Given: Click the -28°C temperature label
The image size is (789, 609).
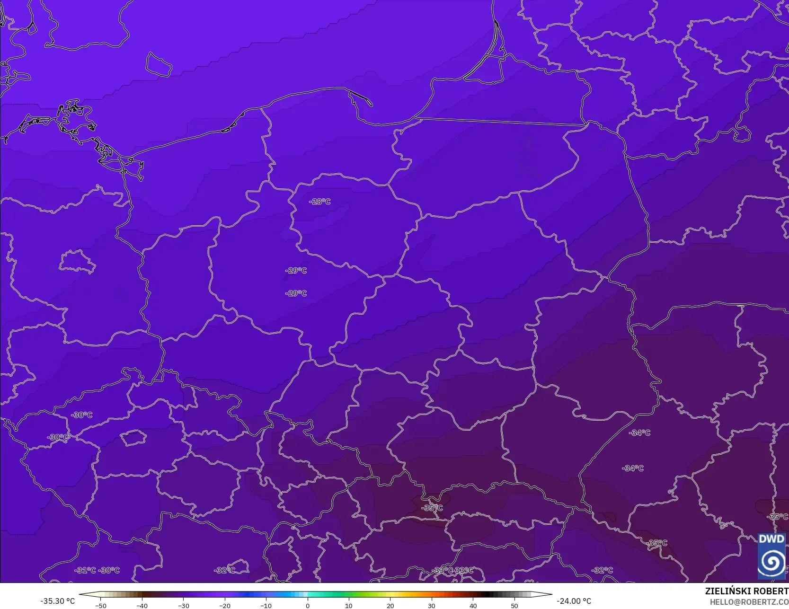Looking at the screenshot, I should (320, 202).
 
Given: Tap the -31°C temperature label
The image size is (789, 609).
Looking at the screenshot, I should (85, 570).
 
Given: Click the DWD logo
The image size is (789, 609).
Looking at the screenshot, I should (771, 556).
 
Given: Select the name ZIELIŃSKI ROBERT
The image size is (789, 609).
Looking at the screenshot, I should (746, 591).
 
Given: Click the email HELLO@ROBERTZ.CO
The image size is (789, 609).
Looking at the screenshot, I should (749, 602).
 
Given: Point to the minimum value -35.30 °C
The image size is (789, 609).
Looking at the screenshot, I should (58, 601).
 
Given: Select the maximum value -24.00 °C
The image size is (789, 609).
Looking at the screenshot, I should (574, 601).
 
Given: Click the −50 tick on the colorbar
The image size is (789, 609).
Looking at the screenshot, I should (100, 605).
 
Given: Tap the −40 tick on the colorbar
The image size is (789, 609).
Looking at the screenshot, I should (142, 605).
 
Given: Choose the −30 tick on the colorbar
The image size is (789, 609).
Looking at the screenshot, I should (183, 605).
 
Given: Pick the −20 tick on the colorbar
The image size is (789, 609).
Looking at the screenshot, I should (225, 605).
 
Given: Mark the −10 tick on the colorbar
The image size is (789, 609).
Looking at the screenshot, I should (266, 605).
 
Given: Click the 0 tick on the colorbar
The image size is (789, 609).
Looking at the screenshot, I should (308, 605).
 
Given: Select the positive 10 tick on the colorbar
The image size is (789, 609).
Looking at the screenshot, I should (349, 605).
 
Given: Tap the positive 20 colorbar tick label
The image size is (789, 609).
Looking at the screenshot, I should (390, 605).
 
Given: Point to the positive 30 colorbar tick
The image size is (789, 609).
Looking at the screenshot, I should (432, 605).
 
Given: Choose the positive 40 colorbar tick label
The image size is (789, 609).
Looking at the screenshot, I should (473, 605).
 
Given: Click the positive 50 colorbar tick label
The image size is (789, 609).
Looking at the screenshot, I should (514, 605).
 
